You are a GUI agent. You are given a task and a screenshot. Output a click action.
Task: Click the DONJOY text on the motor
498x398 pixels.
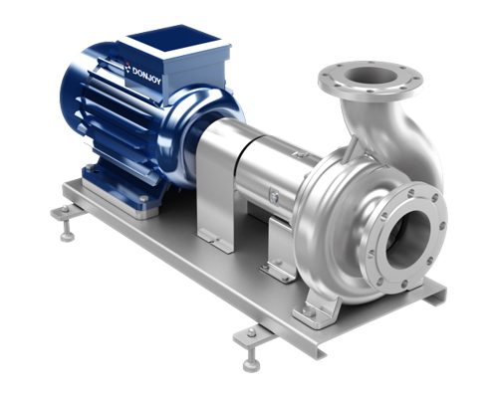146,76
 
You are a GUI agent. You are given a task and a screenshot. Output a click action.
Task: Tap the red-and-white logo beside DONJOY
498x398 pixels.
128,68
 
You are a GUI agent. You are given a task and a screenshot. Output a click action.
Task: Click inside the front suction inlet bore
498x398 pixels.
407,238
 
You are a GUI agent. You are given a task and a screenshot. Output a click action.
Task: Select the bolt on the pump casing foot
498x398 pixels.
307,311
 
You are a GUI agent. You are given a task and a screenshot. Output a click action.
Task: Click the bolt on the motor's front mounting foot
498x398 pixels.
143,198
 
